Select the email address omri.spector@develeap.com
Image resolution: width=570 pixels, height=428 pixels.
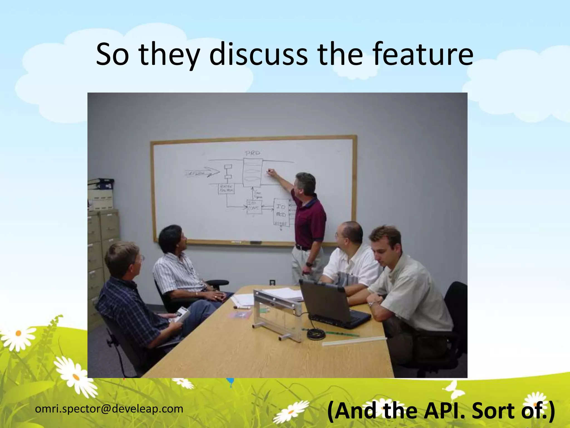pyautogui.click(x=109, y=409)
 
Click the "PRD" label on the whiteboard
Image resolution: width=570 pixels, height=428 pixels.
pyautogui.click(x=252, y=153)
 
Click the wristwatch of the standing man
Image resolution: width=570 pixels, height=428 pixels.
pyautogui.click(x=309, y=264)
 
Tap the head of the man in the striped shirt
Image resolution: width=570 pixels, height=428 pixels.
pyautogui.click(x=171, y=238)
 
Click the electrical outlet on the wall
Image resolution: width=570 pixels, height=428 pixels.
pyautogui.click(x=272, y=282)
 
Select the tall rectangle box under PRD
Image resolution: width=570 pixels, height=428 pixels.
pyautogui.click(x=252, y=172)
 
